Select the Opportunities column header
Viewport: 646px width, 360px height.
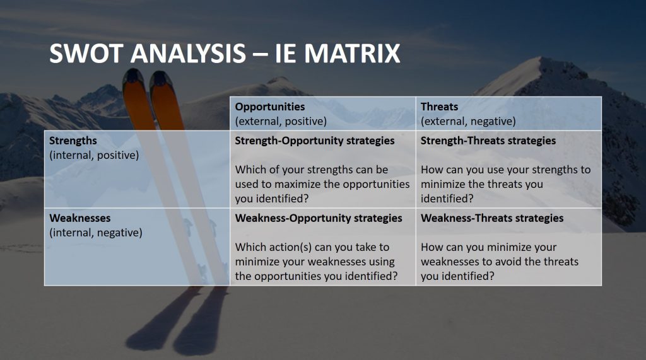click(x=270, y=107)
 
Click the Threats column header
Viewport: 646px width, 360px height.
click(x=439, y=107)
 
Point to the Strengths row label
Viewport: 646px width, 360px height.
click(x=73, y=141)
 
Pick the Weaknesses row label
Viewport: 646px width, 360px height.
click(x=80, y=218)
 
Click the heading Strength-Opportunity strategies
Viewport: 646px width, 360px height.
click(x=315, y=141)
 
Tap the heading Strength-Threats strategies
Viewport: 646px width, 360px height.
click(x=488, y=141)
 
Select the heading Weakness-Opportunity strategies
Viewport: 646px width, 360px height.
click(x=319, y=218)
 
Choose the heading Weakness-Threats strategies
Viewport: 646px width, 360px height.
click(x=492, y=218)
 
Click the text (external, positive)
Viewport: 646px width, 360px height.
click(x=281, y=122)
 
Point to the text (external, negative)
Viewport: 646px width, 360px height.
click(x=468, y=122)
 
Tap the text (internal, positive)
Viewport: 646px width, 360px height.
click(x=94, y=155)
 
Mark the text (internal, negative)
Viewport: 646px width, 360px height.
click(x=96, y=233)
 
